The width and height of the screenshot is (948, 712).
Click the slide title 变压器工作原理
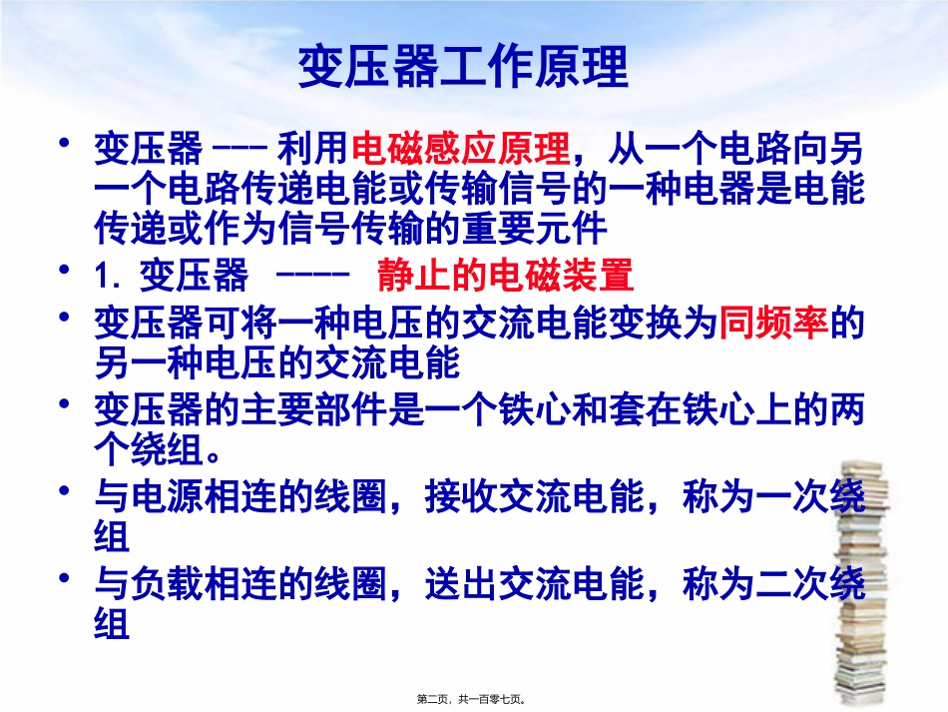(463, 69)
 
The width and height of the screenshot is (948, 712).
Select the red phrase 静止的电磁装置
(505, 275)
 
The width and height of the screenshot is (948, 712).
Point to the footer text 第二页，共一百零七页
(473, 701)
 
